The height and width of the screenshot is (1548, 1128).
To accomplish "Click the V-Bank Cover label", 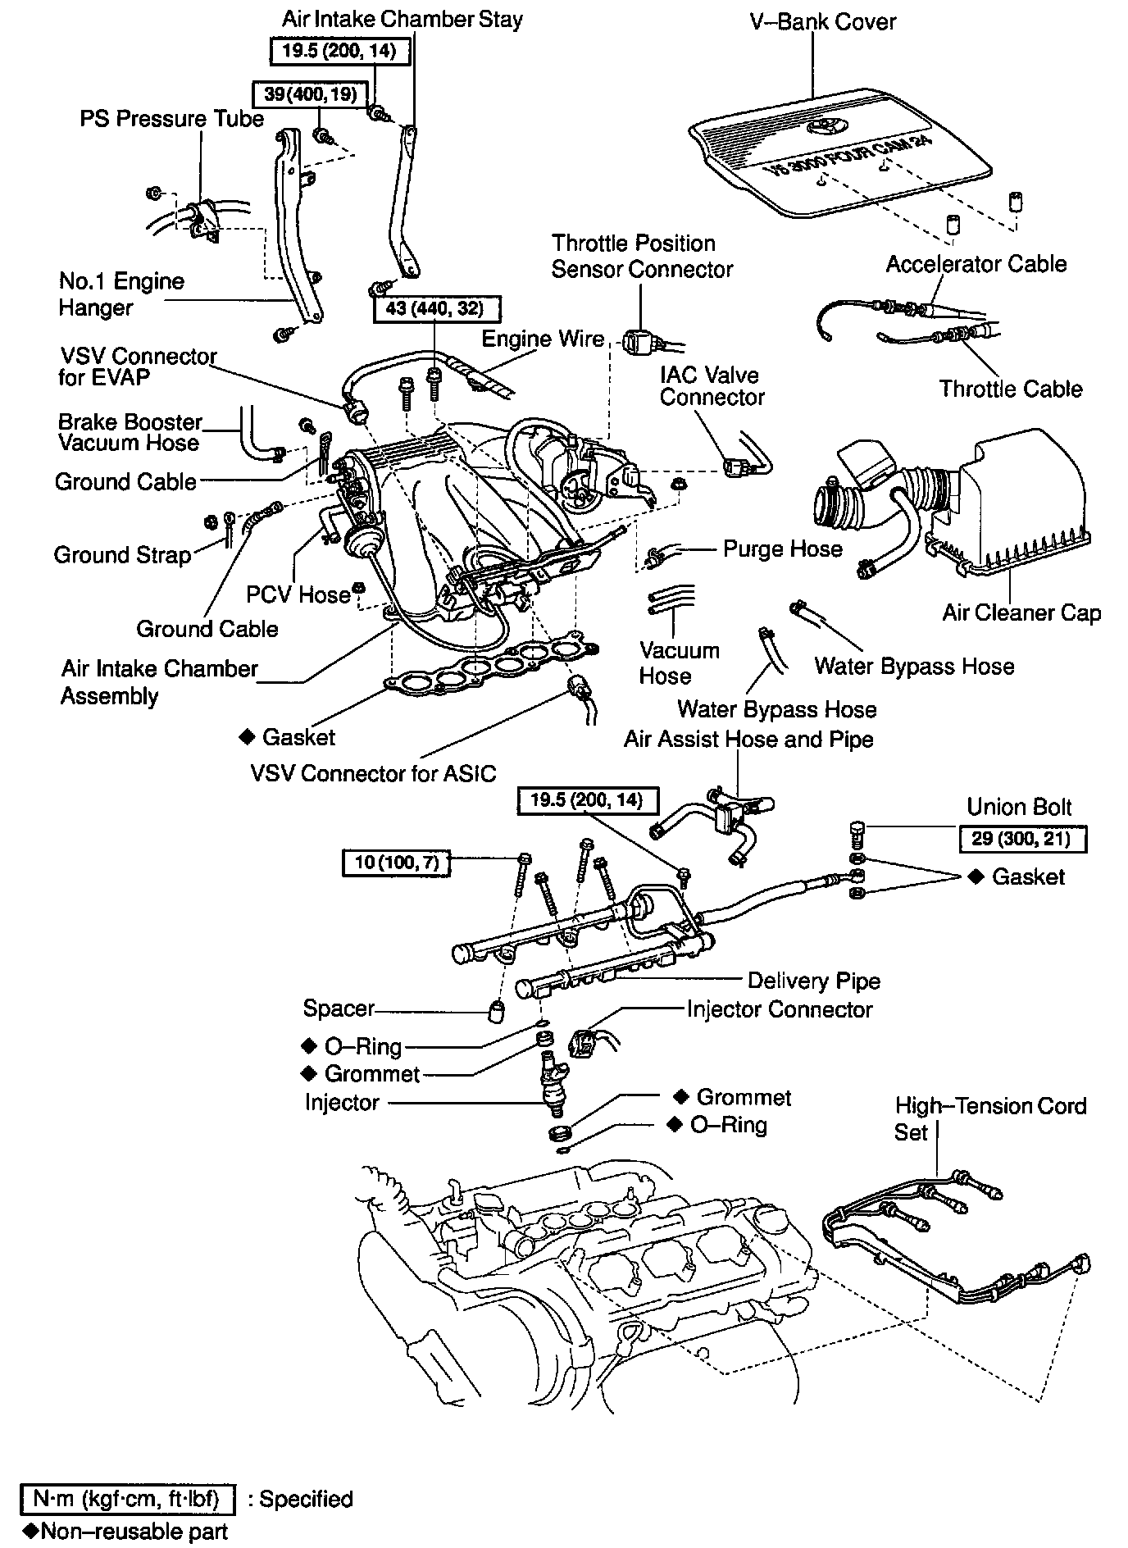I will [823, 21].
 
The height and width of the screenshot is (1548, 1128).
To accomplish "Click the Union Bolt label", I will [1019, 807].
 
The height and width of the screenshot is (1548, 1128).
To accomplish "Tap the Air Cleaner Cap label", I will [1021, 612].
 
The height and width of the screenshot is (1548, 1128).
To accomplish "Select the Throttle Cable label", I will [1010, 389].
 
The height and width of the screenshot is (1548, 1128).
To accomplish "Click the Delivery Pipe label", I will [813, 981].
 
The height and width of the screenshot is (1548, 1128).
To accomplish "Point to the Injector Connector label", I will [779, 1009].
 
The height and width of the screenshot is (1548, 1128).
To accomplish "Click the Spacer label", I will [339, 1008].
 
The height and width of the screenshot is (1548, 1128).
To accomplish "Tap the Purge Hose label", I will [782, 549].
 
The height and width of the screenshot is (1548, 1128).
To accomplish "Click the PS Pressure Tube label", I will [171, 119].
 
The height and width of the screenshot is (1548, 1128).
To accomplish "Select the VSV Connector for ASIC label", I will [373, 773].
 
